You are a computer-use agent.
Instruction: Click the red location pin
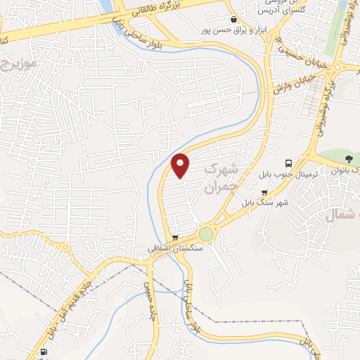coord(181,165)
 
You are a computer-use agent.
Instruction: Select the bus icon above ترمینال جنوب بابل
coord(288,162)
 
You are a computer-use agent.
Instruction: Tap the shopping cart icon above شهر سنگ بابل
coord(264,192)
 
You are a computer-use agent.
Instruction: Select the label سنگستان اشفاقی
coord(175,248)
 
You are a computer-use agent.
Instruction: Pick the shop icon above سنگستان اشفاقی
coord(175,238)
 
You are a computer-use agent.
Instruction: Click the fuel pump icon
coord(45,352)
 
